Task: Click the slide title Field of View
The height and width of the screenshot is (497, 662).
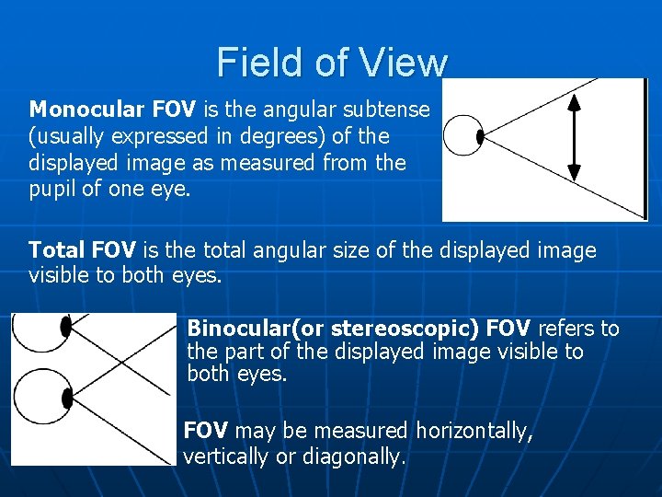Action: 332,63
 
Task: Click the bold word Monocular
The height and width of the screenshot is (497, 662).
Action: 86,110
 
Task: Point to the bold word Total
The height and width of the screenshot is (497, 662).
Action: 57,250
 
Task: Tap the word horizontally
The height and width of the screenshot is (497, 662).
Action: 474,431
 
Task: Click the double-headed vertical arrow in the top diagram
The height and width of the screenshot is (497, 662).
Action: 574,138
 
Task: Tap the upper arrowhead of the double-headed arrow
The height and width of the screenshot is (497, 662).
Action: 574,102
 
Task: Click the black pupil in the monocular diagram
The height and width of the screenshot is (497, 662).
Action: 480,137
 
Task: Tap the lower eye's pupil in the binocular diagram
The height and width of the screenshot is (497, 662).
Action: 66,398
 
